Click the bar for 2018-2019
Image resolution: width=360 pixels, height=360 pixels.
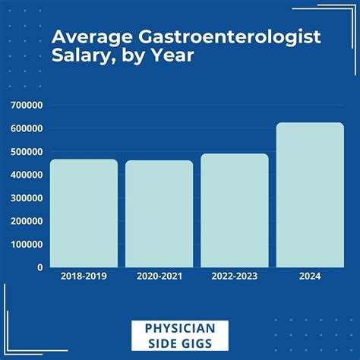pos(84,213)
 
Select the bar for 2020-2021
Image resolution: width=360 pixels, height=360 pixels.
pos(159,214)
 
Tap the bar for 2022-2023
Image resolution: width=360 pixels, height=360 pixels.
pos(234,210)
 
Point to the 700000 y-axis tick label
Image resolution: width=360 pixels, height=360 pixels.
pos(27,106)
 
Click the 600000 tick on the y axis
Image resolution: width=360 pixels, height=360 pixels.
pos(27,128)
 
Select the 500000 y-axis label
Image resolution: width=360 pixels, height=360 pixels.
pos(27,152)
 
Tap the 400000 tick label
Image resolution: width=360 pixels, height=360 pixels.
pos(27,175)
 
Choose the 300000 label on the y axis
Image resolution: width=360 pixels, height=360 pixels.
pos(27,198)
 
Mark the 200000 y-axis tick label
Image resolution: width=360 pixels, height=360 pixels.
pos(27,221)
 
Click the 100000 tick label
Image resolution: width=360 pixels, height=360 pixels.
pos(27,245)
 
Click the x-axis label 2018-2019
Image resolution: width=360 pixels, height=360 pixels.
pos(84,277)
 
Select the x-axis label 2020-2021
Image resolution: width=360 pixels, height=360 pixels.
pos(159,277)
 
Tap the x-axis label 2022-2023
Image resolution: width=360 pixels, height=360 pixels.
pos(234,277)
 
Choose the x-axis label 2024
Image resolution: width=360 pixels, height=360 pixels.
pos(309,277)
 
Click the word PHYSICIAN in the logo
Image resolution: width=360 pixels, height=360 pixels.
pos(180,327)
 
